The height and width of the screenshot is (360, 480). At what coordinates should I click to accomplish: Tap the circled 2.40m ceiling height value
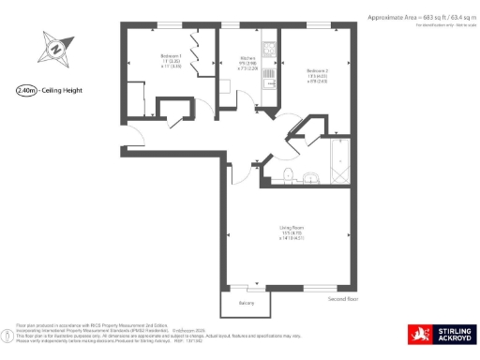coord(26,91)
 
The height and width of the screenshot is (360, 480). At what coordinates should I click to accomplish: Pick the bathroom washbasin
coord(309,175)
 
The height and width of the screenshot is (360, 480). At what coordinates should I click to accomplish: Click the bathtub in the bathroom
coord(337,165)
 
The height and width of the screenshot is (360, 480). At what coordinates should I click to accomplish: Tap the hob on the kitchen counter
coord(267,48)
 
